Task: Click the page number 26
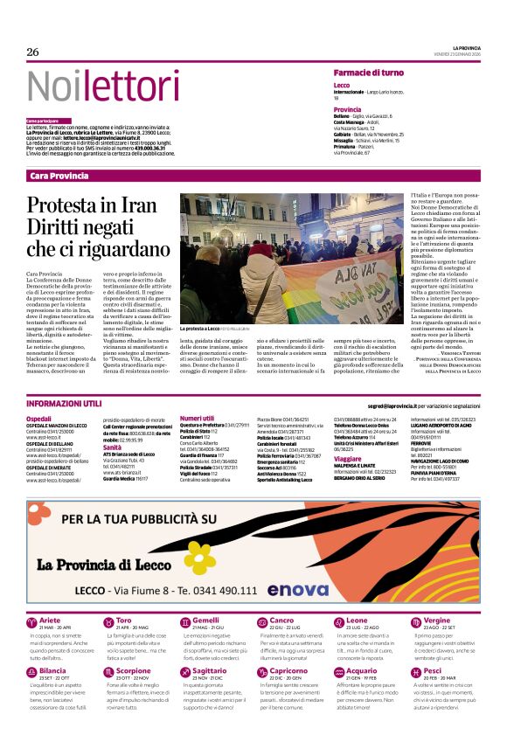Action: click(x=32, y=52)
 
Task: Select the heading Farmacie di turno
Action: click(x=368, y=73)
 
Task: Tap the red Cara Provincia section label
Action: click(x=59, y=176)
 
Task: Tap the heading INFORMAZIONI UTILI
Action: click(x=64, y=405)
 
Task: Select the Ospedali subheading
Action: click(x=38, y=420)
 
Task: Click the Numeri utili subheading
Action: click(x=197, y=419)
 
